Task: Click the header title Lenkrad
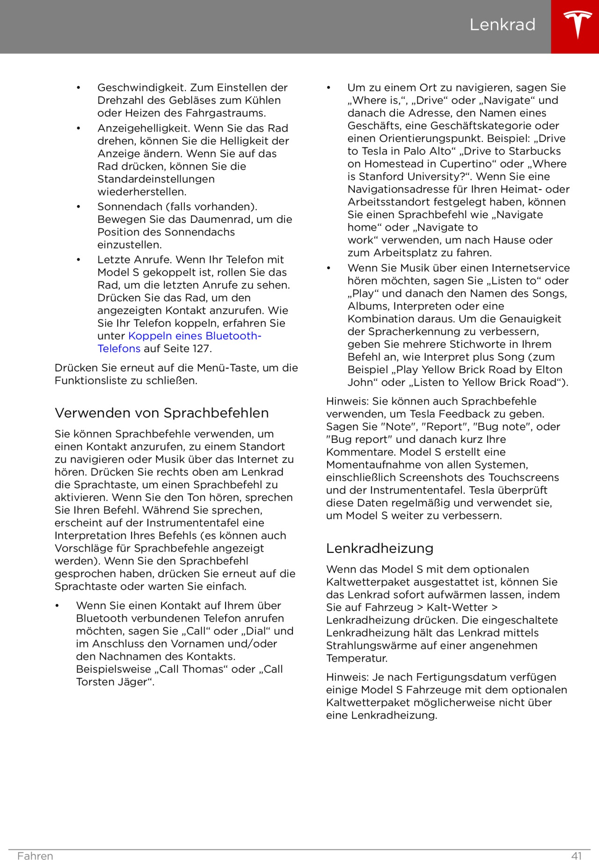502,25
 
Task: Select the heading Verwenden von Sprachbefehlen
161,413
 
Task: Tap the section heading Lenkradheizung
380,548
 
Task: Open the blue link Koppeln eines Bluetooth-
195,336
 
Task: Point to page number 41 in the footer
577,856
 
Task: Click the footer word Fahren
35,856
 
